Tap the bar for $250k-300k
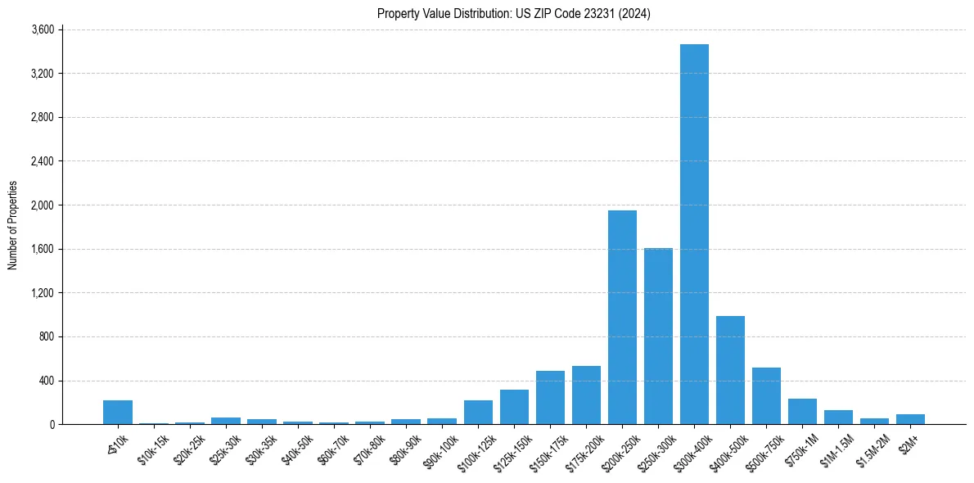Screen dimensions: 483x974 (658, 336)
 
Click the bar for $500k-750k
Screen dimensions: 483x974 (766, 396)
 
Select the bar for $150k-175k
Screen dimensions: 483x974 (550, 398)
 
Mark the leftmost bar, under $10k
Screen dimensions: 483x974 (118, 413)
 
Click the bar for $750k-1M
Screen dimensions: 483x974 (802, 412)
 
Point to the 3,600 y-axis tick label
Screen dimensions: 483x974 (42, 29)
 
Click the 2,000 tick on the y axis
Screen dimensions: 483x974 (42, 205)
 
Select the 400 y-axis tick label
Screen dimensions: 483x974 (46, 381)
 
